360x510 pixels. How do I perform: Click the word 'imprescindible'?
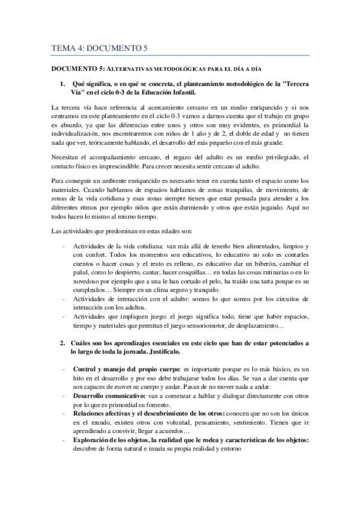(x=129, y=166)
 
